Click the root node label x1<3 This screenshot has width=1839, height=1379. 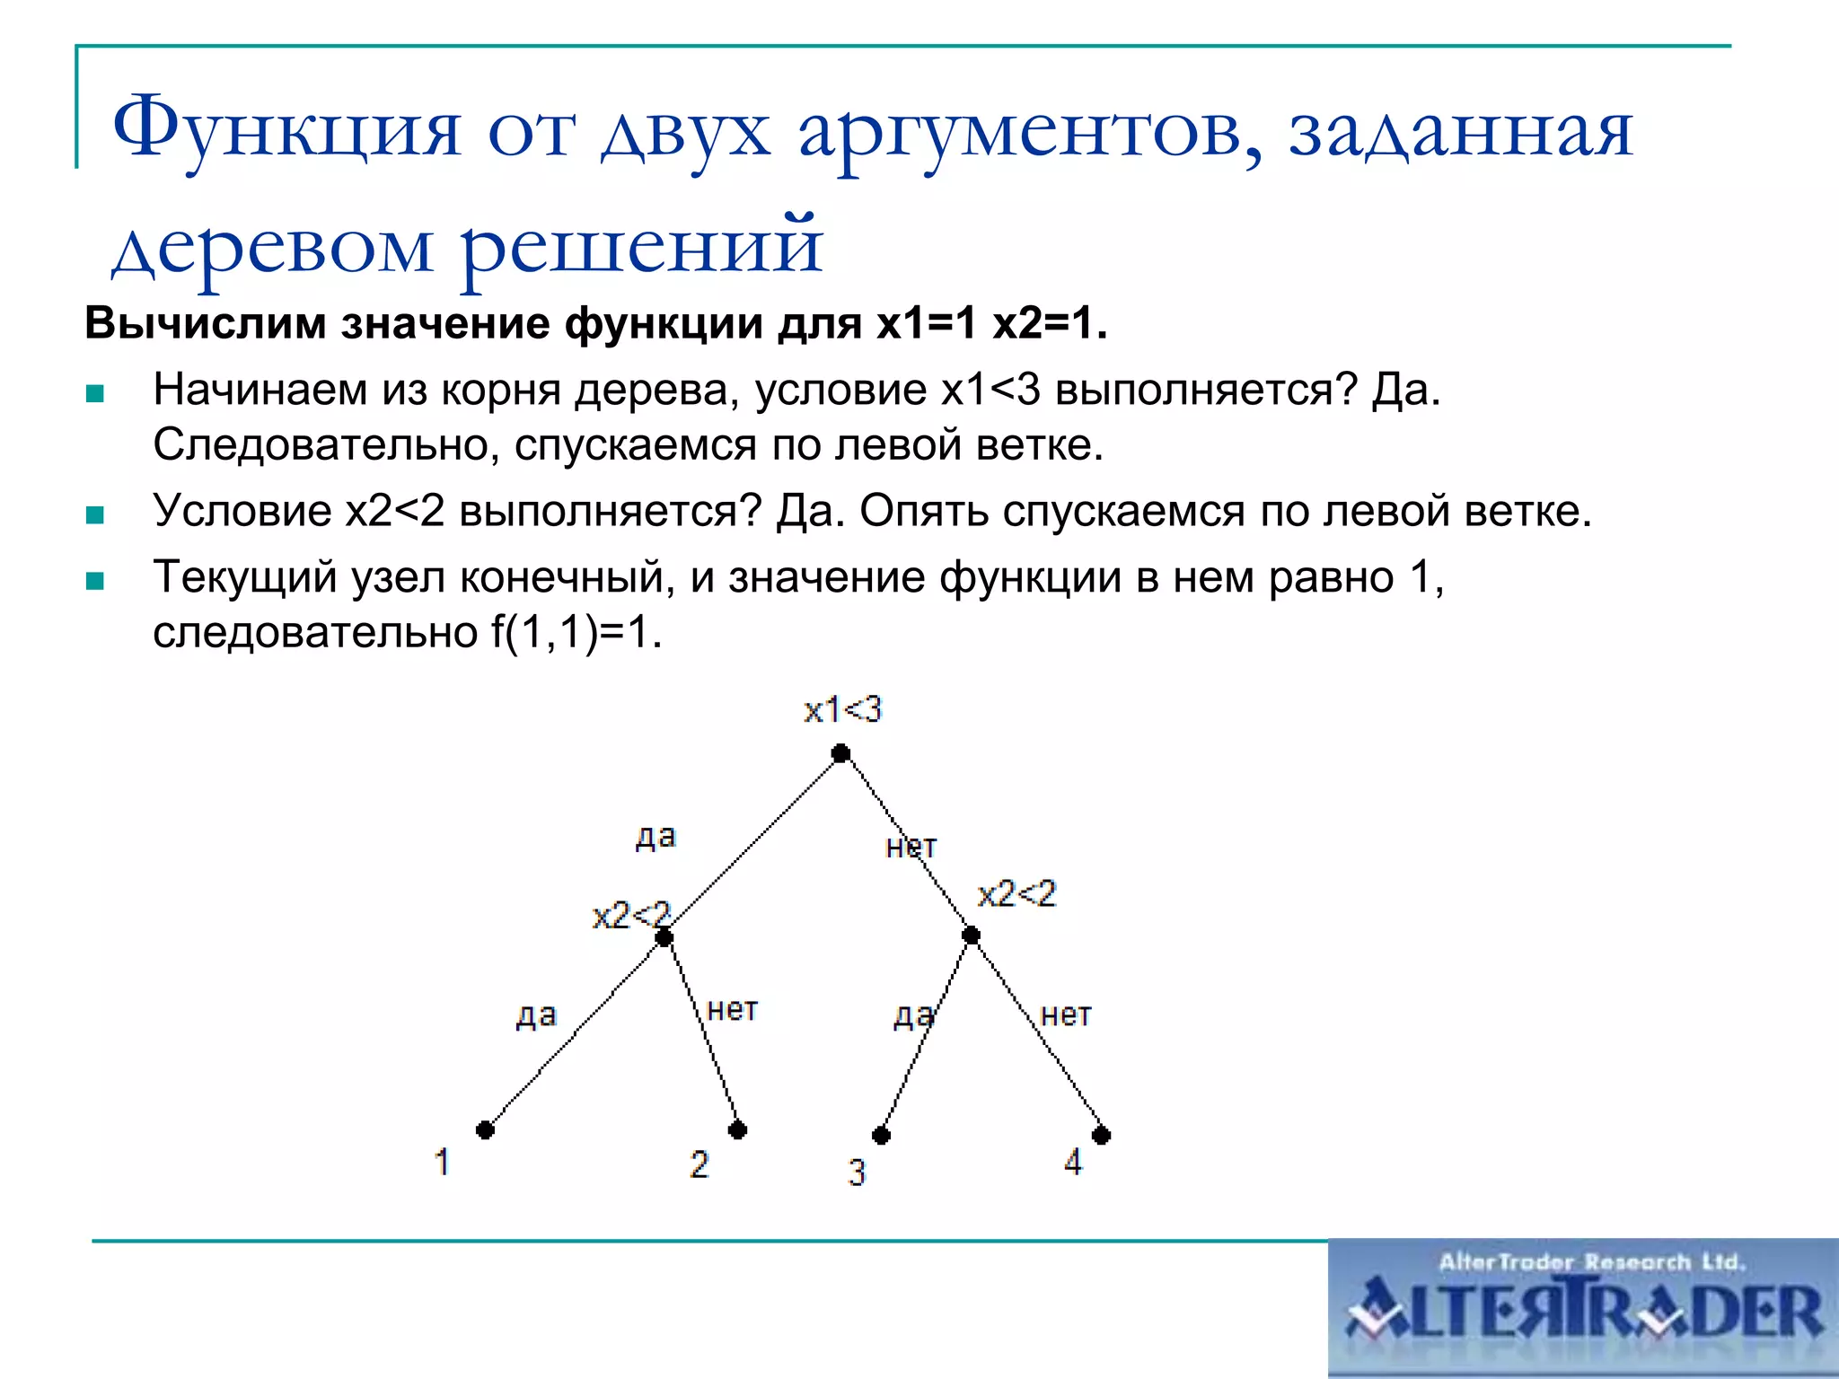click(x=842, y=710)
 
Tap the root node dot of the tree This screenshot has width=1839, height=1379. click(x=840, y=753)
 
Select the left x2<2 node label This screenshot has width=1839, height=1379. click(x=630, y=915)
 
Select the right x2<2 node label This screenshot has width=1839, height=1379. click(x=1016, y=894)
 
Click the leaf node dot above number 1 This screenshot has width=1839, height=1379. click(x=485, y=1129)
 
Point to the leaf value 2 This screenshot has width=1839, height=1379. click(x=699, y=1164)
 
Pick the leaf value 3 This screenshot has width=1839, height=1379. click(x=857, y=1173)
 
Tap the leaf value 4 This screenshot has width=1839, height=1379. click(x=1073, y=1163)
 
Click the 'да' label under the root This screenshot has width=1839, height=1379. click(x=656, y=837)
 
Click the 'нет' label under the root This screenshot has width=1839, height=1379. click(x=911, y=847)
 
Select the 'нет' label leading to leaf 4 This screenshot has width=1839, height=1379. click(x=1066, y=1015)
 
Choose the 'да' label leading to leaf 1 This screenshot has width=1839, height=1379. click(x=536, y=1015)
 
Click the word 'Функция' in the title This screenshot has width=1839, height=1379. click(x=286, y=128)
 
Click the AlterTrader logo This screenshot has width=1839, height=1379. click(x=1583, y=1309)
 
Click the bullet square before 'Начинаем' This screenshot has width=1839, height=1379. click(x=95, y=393)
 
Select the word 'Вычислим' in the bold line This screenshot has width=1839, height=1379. click(x=205, y=323)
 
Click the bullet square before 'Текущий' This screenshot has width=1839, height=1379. click(x=95, y=581)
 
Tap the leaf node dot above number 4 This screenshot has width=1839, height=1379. click(x=1101, y=1135)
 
